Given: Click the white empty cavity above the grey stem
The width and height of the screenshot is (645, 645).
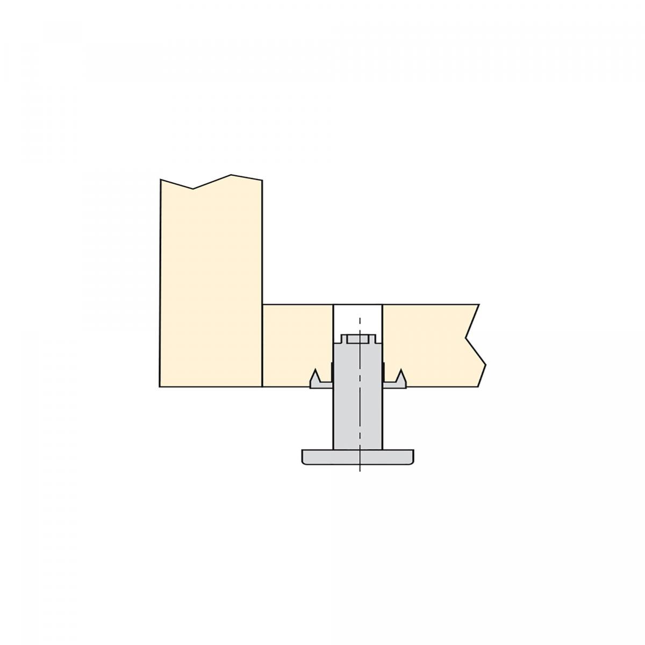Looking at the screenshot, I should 357,320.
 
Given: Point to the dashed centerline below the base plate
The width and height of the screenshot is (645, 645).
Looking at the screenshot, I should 359,468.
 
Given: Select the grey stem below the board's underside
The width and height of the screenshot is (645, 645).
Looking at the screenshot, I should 358,419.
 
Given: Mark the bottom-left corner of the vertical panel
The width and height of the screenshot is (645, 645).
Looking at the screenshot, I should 160,386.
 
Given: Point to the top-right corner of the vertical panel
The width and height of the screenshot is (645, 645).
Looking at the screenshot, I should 262,181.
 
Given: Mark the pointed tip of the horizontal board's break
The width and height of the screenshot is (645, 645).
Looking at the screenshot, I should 485,365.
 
